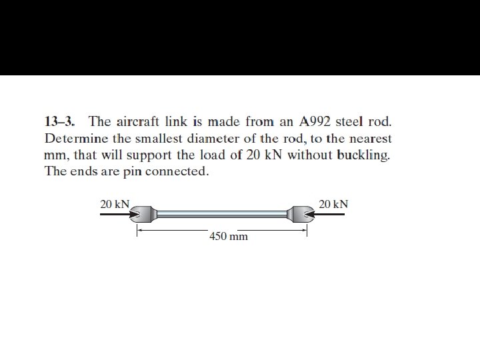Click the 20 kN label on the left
[115, 204]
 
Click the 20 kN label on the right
[333, 204]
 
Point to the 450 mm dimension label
[228, 236]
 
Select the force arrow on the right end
[329, 215]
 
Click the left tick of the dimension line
[137, 231]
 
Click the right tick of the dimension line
[307, 231]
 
